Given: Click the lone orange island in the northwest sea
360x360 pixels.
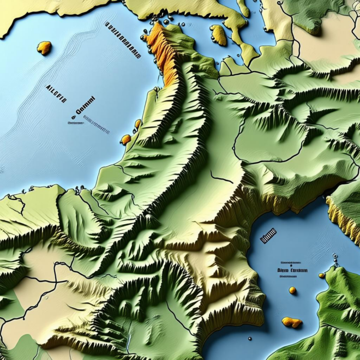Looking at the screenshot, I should coord(44,48).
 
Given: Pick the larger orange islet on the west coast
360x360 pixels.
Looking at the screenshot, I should coord(126,140).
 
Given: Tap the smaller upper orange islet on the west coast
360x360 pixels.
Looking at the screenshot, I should coord(138,124).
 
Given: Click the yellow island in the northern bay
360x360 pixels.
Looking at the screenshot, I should coord(219,35).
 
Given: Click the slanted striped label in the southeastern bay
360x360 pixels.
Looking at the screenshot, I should coord(269,236).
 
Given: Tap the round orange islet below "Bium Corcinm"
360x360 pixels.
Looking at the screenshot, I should coord(293,290).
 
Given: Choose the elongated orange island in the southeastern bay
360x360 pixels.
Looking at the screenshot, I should coord(292,322).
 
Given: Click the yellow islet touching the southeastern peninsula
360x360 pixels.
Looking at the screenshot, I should coord(322,275).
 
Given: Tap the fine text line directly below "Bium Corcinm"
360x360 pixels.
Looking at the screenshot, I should coord(287,277).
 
